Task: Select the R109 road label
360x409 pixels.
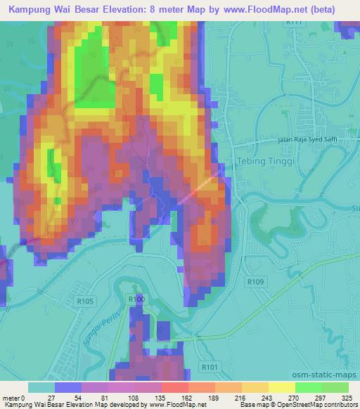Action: coord(255,280)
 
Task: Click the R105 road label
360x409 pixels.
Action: coord(86,301)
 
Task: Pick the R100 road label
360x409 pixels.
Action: coord(136,299)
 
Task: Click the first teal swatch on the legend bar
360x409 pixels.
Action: coord(41,387)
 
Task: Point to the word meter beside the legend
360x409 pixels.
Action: coord(11,398)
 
